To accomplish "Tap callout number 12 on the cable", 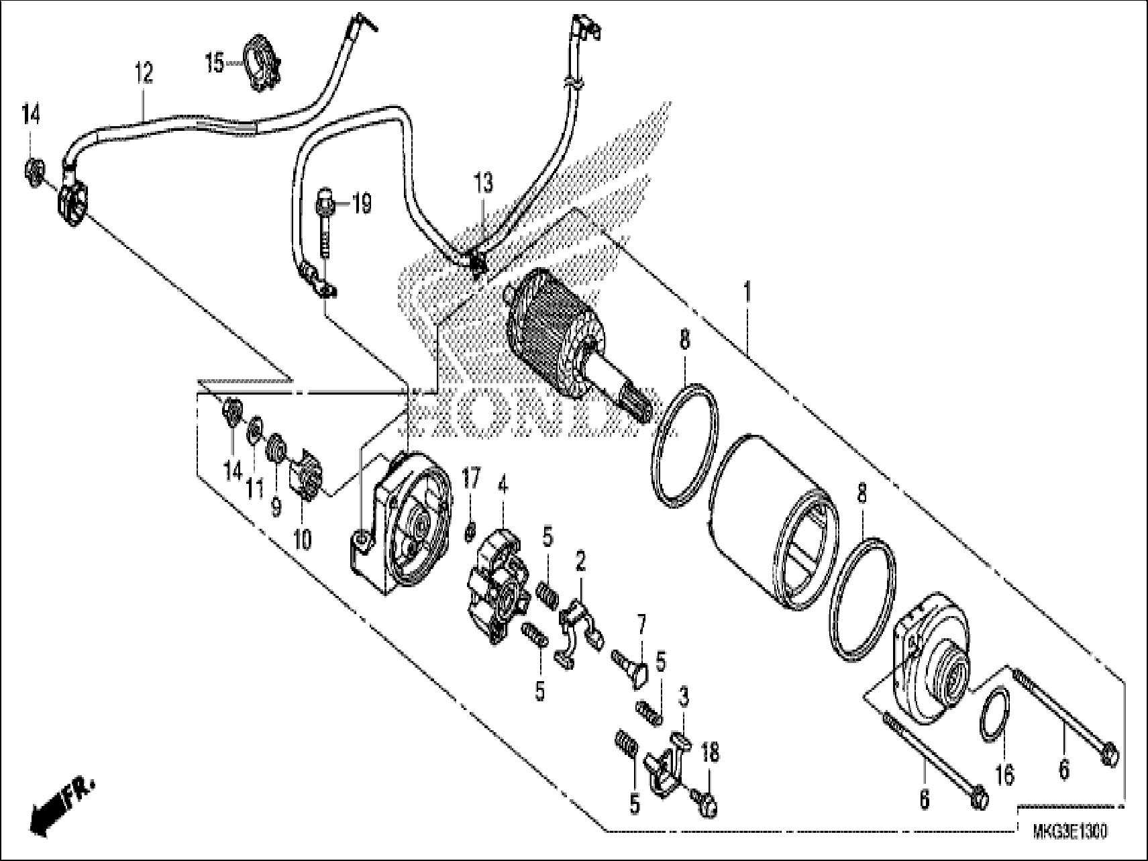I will pos(143,72).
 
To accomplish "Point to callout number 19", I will pos(361,203).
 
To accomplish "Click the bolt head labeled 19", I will pos(324,200).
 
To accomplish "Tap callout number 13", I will pos(483,183).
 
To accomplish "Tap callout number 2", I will pos(580,561).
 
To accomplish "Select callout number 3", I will pos(683,697).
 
